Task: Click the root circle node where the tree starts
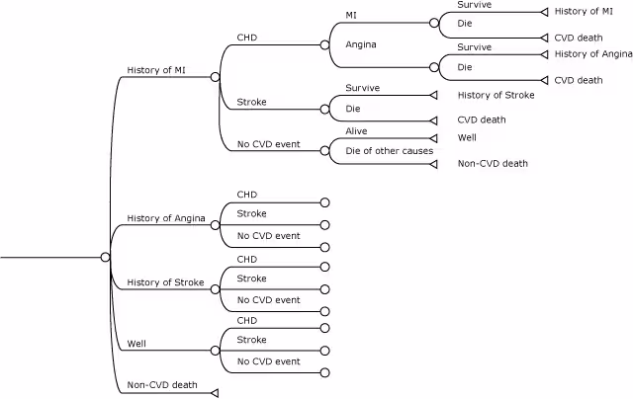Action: point(105,257)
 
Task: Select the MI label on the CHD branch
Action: point(352,15)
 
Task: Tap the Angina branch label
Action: point(361,44)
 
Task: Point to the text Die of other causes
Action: point(389,150)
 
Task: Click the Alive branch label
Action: point(356,130)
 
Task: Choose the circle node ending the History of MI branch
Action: point(215,76)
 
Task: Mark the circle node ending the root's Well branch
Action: point(215,351)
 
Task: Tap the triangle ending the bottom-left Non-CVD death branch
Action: point(214,392)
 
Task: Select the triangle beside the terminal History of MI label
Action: point(543,12)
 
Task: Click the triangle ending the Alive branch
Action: point(433,138)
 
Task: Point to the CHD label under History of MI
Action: point(246,38)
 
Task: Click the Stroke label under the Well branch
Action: point(251,340)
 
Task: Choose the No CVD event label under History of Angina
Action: point(268,236)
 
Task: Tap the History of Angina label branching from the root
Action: point(164,218)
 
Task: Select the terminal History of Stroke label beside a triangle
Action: point(496,95)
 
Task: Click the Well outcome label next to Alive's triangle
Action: point(467,137)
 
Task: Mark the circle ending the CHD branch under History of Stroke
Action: point(324,267)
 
